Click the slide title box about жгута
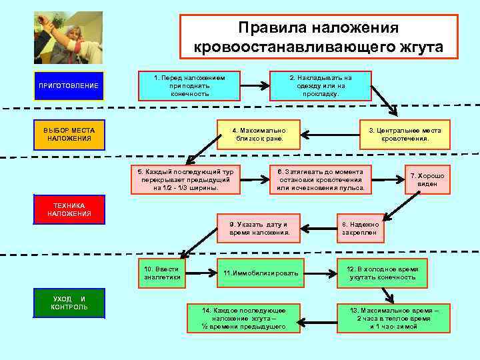coord(319,37)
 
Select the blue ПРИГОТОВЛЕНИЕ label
coord(69,86)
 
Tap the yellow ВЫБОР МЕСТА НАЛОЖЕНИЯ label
coord(69,134)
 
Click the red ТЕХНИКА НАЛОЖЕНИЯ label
coord(69,209)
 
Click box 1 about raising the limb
coord(189,86)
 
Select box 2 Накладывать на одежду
coord(321,86)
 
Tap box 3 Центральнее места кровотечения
coord(405,135)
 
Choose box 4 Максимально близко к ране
coord(258,135)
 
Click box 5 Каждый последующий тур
coord(185,179)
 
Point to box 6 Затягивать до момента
coord(321,179)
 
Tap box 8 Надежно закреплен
coord(360,229)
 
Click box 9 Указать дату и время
coord(259,229)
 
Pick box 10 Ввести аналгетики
coord(162,273)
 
